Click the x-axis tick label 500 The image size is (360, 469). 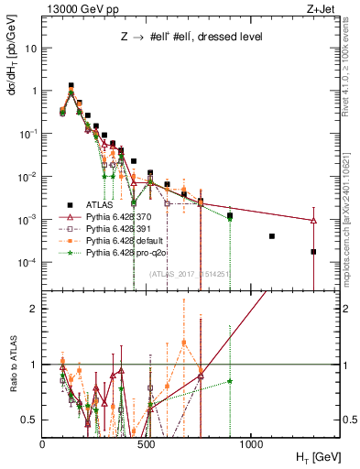[x=147, y=442]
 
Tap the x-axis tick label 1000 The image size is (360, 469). [x=251, y=442]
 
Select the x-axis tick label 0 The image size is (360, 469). [x=42, y=442]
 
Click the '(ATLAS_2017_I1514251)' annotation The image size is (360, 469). [x=189, y=273]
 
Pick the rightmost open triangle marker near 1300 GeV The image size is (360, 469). [x=313, y=221]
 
